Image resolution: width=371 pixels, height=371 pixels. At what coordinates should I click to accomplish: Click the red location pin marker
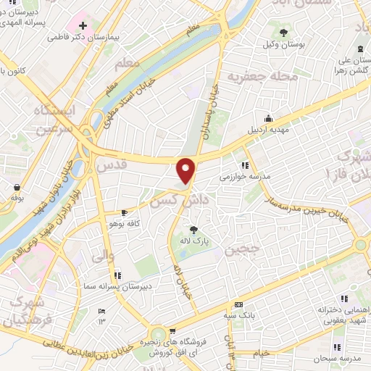[186, 170]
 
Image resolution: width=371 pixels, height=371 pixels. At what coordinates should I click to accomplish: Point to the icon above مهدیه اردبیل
[269, 119]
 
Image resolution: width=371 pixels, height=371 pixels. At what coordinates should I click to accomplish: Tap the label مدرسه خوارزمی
[245, 175]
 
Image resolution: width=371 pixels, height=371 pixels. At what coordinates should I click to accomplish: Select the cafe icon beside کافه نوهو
[125, 213]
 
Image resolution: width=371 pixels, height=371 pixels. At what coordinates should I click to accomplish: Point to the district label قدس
[112, 165]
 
